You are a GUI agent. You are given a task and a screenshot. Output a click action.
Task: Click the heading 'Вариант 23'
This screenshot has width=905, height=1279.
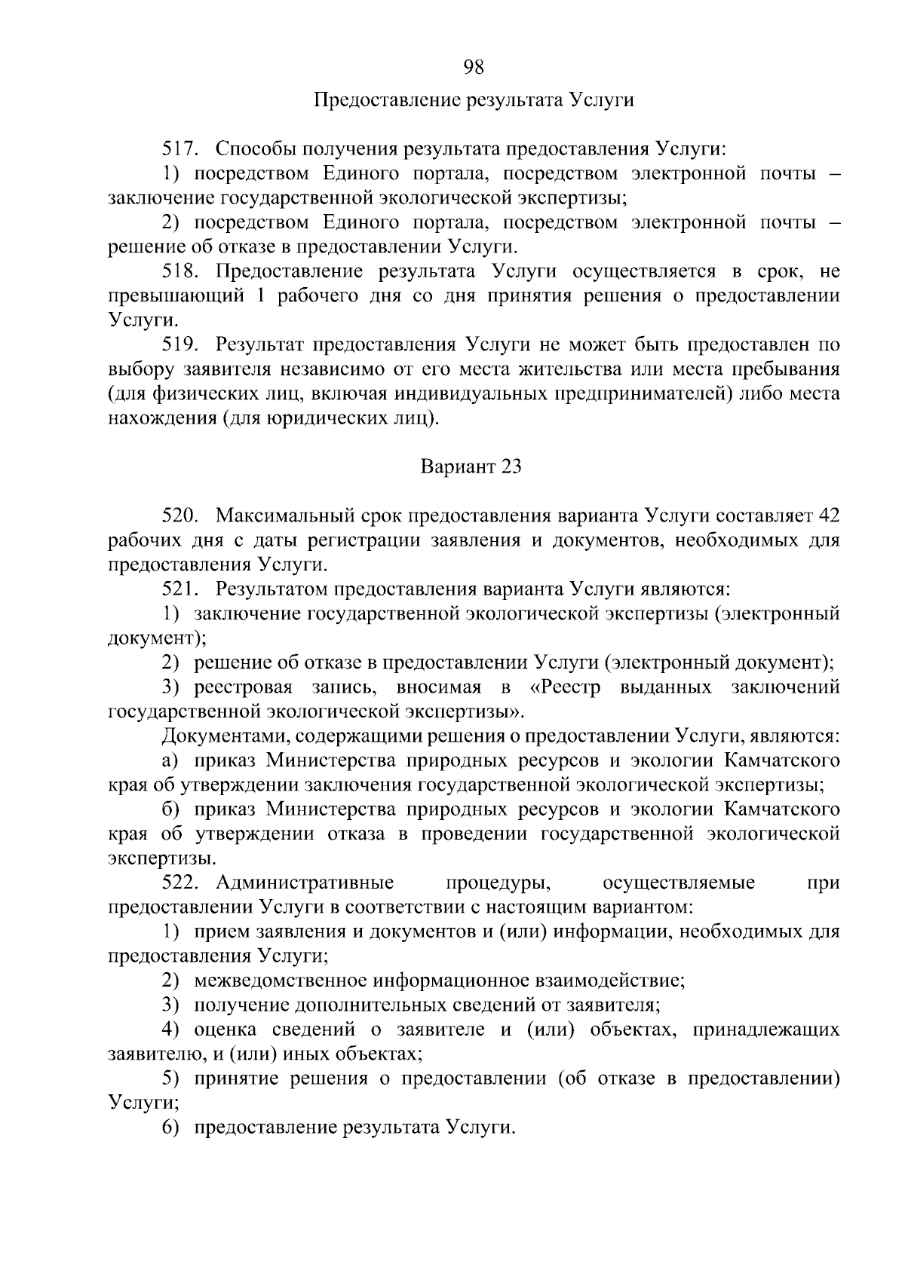[471, 467]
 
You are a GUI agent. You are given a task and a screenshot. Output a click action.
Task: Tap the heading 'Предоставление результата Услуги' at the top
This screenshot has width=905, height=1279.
[473, 100]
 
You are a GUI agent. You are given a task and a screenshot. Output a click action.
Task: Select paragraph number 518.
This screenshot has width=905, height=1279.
[180, 271]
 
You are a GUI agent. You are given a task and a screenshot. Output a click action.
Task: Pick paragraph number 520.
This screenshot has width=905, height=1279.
[180, 516]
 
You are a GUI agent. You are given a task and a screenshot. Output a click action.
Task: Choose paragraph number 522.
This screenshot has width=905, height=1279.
[180, 883]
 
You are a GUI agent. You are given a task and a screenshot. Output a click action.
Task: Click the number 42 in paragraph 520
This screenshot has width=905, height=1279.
[828, 516]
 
